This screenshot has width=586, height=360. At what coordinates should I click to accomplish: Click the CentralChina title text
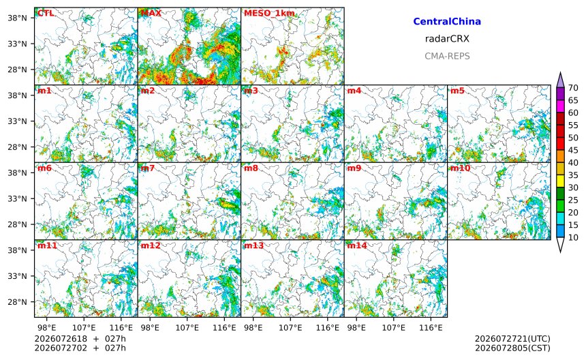(447, 21)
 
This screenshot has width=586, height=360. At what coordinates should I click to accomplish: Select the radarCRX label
(447, 38)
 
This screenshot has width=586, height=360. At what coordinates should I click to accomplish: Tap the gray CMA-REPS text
(447, 56)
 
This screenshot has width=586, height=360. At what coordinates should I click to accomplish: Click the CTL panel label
(46, 13)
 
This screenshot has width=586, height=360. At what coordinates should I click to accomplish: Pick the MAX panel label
(151, 13)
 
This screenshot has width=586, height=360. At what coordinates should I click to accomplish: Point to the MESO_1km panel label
(269, 14)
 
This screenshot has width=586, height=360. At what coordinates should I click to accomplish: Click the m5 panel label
(457, 91)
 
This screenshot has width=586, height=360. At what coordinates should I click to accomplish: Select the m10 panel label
(460, 168)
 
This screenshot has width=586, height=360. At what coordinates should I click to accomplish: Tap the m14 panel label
(357, 245)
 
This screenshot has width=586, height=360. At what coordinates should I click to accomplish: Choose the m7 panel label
(148, 168)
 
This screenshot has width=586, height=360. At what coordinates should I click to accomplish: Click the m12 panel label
(150, 245)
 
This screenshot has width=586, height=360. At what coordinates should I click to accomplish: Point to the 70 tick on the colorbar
(573, 88)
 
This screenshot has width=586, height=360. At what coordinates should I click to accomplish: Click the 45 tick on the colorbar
(573, 150)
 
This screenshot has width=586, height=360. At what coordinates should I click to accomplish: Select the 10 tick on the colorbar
(573, 237)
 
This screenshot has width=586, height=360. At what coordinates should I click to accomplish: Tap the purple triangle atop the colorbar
(560, 80)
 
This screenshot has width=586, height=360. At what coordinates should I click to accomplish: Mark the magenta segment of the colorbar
(560, 106)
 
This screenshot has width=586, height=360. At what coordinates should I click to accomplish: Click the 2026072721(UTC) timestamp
(512, 339)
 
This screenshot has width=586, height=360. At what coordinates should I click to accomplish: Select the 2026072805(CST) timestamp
(512, 348)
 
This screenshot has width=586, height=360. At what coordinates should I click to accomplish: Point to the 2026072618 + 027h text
(80, 339)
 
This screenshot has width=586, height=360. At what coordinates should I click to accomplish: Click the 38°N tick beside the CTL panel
(17, 18)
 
